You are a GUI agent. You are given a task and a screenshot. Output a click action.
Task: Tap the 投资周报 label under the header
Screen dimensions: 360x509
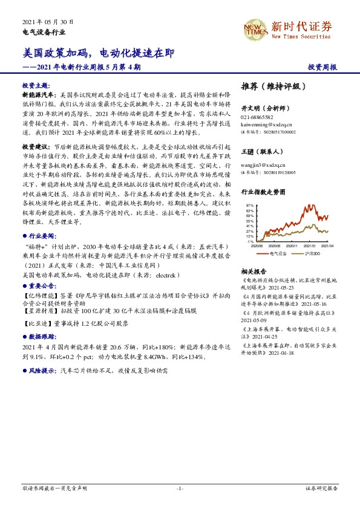322,68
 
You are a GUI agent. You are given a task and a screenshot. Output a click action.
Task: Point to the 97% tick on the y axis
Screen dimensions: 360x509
249,205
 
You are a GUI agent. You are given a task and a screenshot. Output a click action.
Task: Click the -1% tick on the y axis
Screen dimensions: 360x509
250,241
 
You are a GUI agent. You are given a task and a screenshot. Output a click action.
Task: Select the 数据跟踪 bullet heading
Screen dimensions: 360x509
38,336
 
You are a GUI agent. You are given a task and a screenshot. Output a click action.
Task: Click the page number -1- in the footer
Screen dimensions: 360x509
180,488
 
